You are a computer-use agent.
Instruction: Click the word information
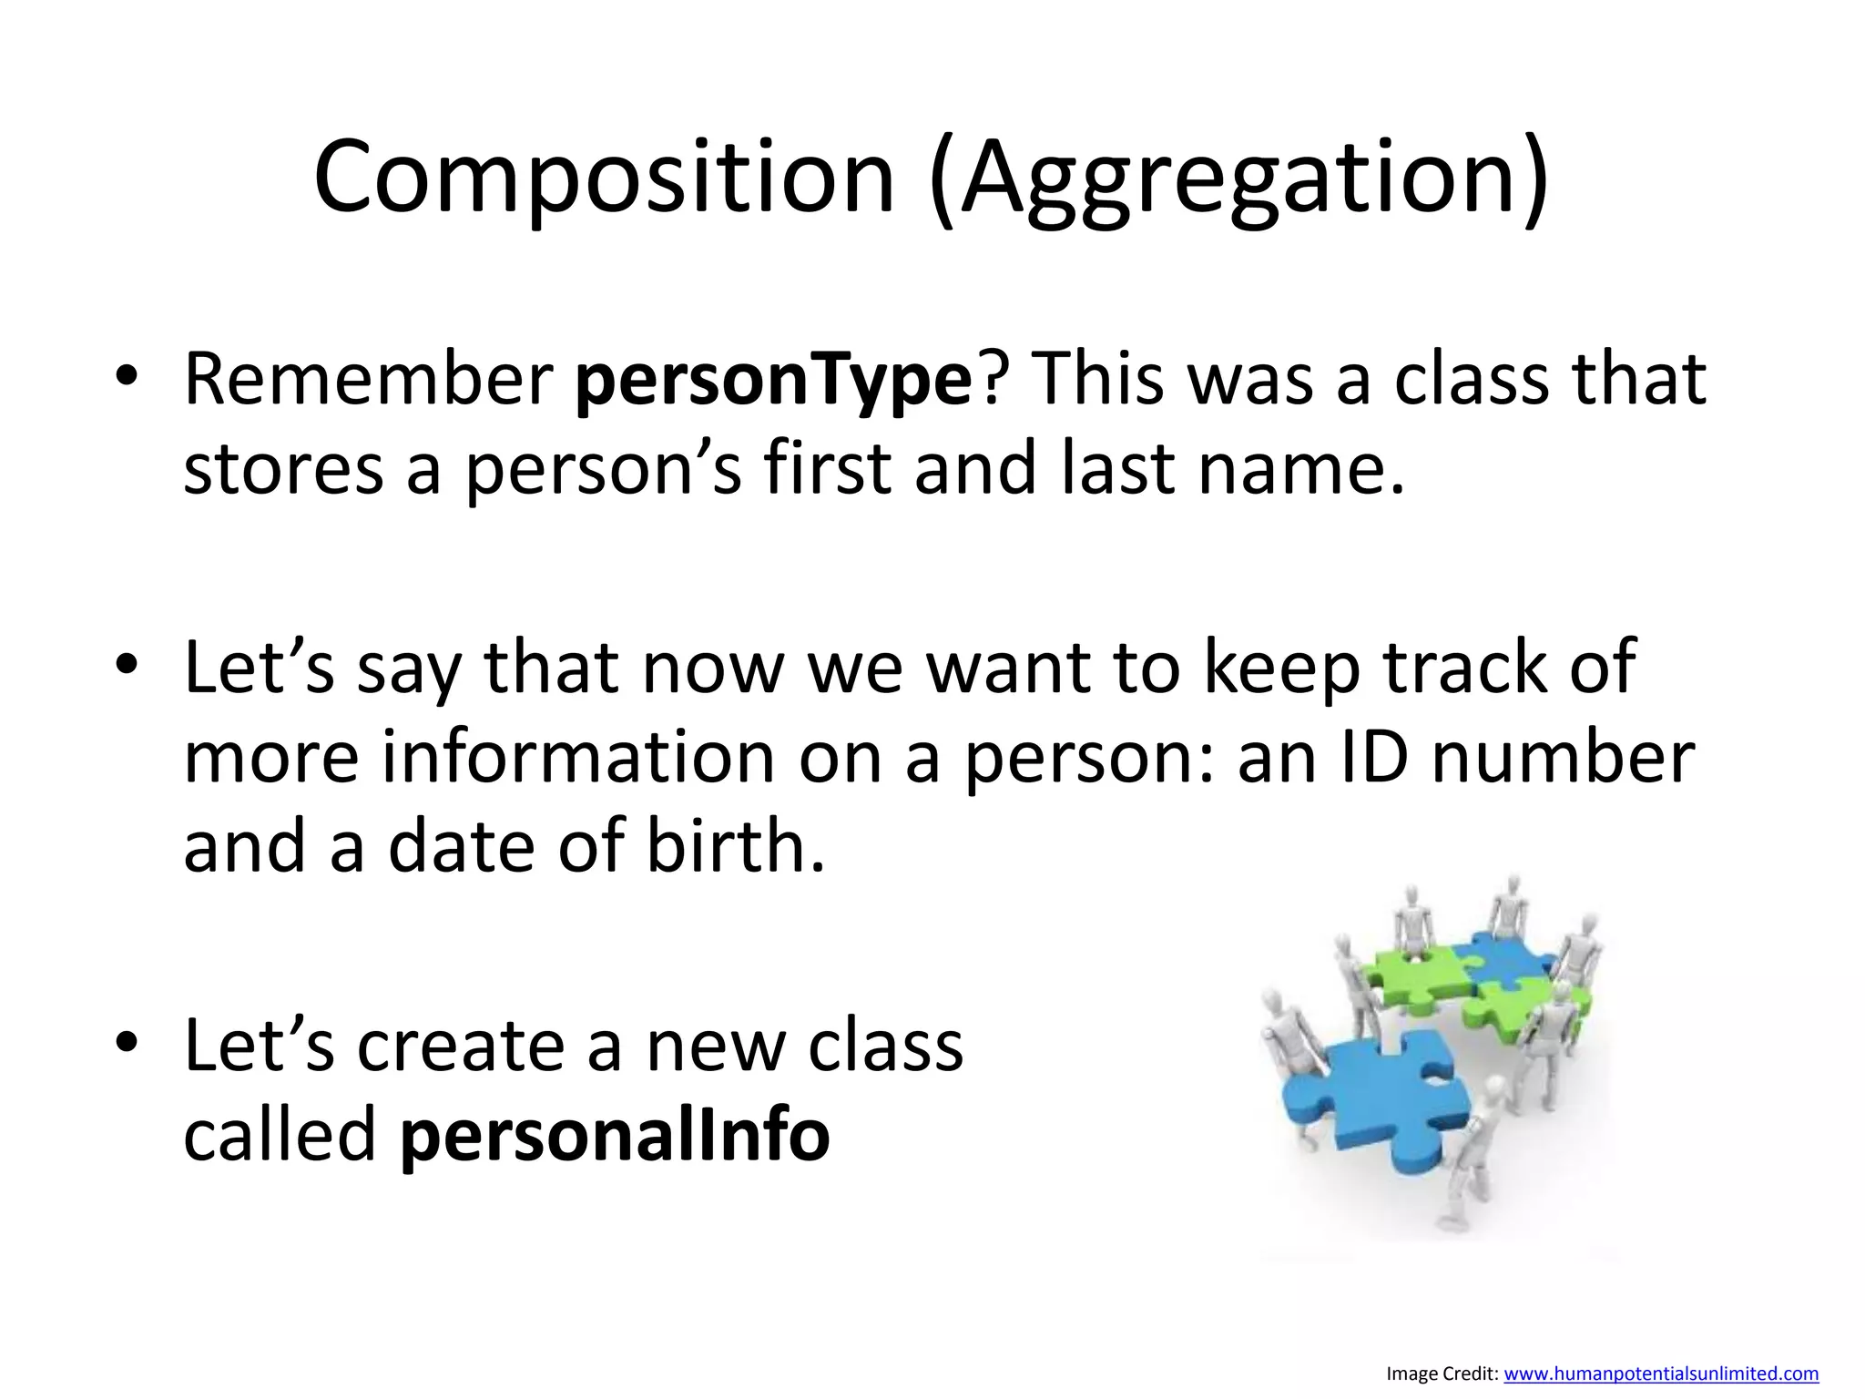(577, 758)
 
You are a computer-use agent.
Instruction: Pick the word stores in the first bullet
(283, 470)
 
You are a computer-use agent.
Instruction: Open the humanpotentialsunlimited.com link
(1660, 1373)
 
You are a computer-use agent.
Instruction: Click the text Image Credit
(1441, 1373)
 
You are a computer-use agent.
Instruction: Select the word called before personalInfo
(280, 1135)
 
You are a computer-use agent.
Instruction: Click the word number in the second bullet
(1563, 758)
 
